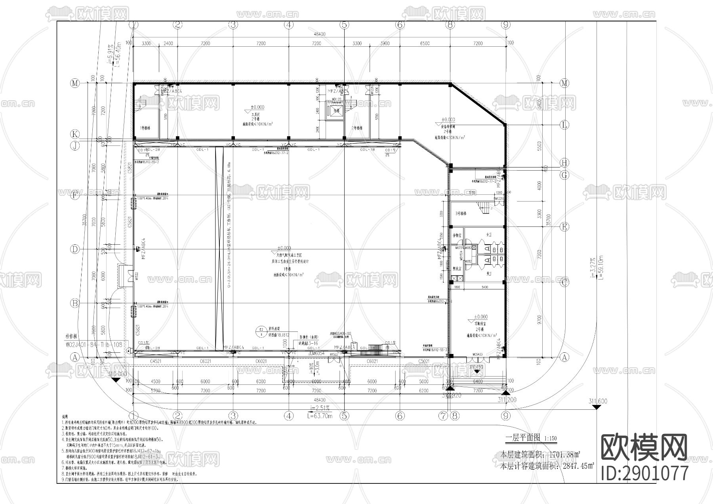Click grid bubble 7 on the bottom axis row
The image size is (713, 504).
[443, 416]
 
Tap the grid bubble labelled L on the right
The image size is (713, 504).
[565, 125]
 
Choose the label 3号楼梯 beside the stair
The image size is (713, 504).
[461, 213]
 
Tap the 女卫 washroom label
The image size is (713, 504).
[487, 235]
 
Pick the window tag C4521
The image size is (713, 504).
[155, 361]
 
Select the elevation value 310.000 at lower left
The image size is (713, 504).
[117, 374]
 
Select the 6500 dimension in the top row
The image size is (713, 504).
[425, 43]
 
